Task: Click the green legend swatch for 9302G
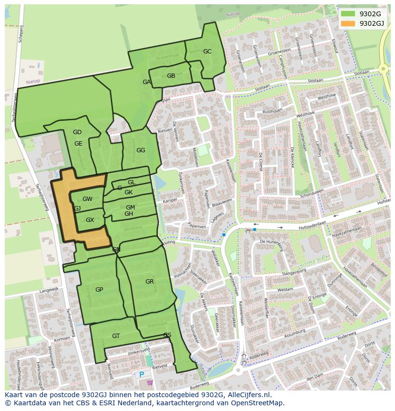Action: [348, 14]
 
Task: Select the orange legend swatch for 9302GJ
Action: [348, 23]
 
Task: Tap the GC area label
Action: [207, 52]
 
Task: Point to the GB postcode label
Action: [171, 76]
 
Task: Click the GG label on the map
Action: [141, 150]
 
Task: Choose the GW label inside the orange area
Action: [87, 199]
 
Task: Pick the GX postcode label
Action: [90, 220]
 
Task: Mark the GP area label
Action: [99, 290]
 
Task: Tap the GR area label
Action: [149, 282]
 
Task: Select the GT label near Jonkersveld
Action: [116, 336]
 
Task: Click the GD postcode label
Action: [77, 132]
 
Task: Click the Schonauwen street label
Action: [312, 193]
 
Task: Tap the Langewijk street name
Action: [49, 289]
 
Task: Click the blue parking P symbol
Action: [142, 375]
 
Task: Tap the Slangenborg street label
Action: [294, 272]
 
